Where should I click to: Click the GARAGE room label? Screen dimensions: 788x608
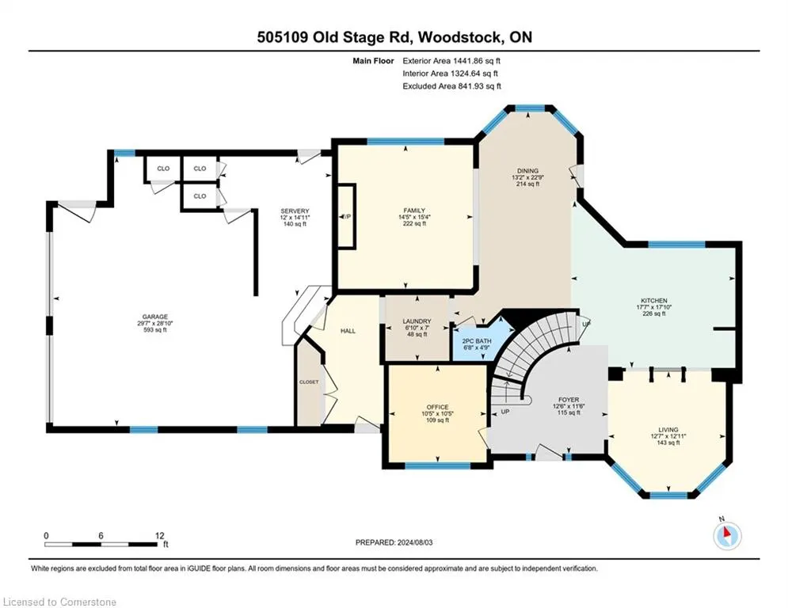pos(154,317)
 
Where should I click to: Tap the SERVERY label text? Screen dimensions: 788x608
pos(295,211)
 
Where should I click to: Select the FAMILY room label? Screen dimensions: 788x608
pos(415,211)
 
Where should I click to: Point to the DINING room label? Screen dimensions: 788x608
pos(527,171)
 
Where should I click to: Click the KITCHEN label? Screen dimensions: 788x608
pos(654,301)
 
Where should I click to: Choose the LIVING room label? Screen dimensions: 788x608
pos(668,430)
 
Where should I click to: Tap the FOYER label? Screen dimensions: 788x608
pos(569,400)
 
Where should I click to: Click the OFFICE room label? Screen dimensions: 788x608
pos(437,407)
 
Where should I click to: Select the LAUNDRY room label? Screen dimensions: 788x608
pos(417,321)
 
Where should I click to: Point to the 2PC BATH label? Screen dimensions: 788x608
pos(477,340)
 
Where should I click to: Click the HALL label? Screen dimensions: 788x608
pos(348,331)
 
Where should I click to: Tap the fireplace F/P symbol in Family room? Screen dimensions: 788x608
pos(346,216)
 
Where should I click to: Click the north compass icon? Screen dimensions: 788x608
pos(727,534)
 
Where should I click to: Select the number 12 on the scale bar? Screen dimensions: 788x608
pos(159,536)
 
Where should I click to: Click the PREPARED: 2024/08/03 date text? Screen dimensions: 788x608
pos(394,542)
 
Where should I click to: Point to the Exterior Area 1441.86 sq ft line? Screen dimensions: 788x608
pos(451,61)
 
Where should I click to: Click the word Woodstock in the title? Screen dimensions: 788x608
pos(459,37)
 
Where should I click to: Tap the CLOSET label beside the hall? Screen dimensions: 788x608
pos(309,382)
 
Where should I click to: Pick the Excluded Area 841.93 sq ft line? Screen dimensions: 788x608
pos(451,86)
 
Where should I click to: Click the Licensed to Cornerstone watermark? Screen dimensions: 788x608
pos(59,602)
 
